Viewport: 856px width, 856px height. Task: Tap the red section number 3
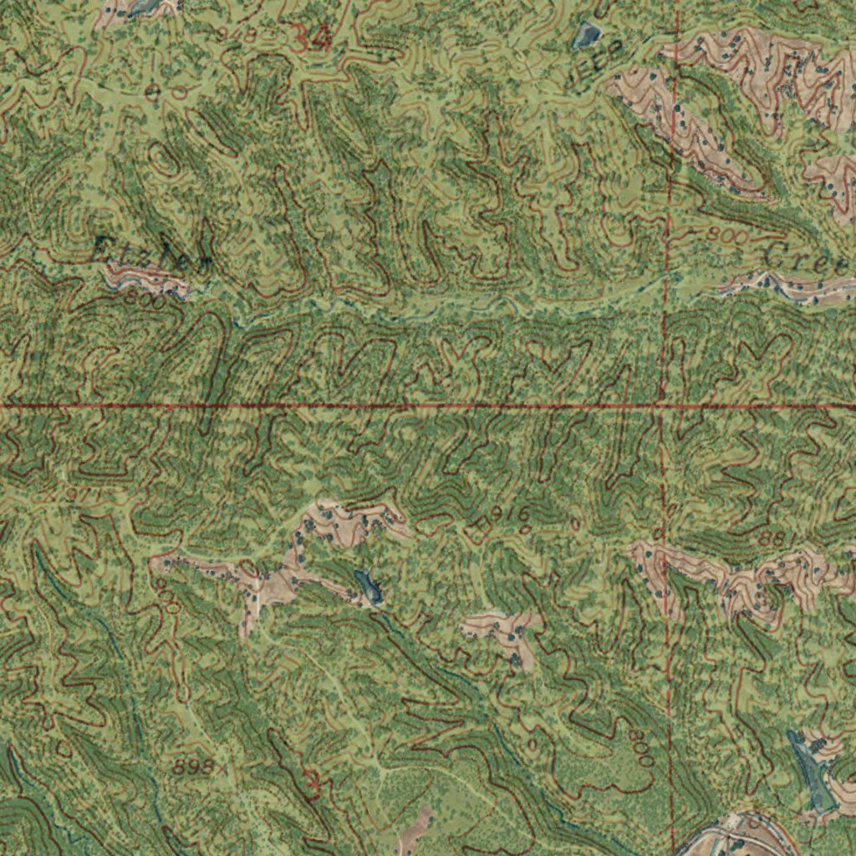coord(313,785)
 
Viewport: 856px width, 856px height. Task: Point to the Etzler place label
coord(150,252)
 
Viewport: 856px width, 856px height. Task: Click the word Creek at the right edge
coord(807,260)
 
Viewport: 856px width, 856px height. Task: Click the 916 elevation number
coord(509,513)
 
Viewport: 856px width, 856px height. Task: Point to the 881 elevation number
coord(773,539)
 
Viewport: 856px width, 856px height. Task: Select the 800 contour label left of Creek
coord(726,236)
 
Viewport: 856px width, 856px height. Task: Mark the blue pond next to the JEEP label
coord(588,34)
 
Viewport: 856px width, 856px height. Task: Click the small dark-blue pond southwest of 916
coord(369,586)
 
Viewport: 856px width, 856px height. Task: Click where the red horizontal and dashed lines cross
coord(662,406)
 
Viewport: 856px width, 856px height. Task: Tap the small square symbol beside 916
coord(482,525)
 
